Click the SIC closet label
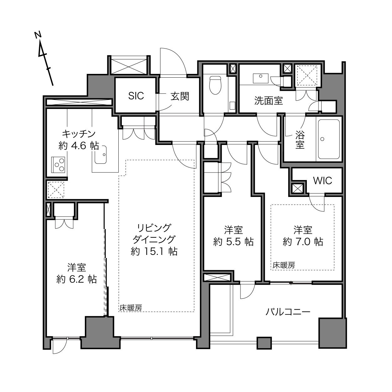click(136, 96)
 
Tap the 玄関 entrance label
click(180, 96)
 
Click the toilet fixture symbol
click(215, 85)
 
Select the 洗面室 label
click(269, 101)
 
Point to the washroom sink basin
click(260, 79)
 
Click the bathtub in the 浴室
click(329, 139)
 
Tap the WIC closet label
click(322, 181)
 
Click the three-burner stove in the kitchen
click(58, 165)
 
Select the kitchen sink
click(101, 155)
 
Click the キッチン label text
click(79, 134)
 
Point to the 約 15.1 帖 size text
click(154, 252)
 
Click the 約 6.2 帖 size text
click(76, 280)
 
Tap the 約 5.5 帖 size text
click(233, 242)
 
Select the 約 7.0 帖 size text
click(303, 242)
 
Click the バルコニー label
click(288, 312)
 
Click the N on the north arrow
click(38, 35)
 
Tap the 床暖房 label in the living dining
click(131, 308)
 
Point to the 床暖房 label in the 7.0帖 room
click(284, 265)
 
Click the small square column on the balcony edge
click(264, 343)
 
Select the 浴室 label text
click(300, 140)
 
